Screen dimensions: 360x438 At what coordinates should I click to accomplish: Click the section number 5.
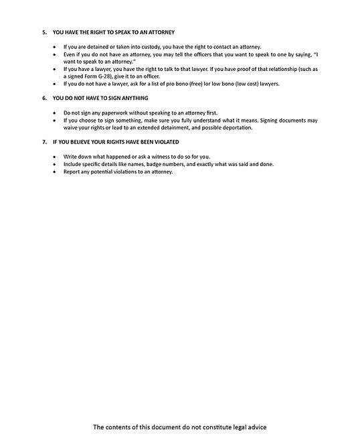43,32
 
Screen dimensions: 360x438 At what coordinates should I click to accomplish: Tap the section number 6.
43,97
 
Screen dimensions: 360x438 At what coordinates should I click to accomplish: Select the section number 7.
43,142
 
